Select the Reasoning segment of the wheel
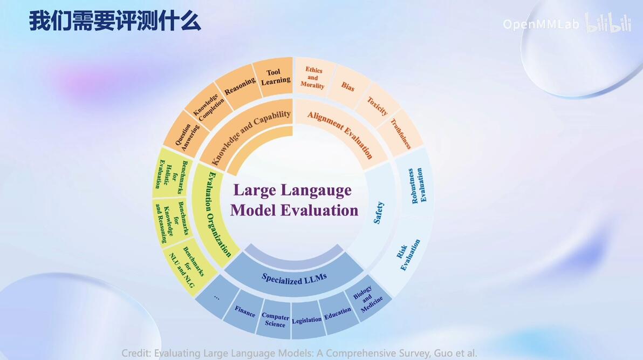click(239, 86)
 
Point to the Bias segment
click(348, 86)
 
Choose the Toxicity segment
click(377, 106)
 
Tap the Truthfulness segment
click(400, 133)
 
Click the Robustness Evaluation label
click(416, 186)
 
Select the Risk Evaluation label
click(408, 255)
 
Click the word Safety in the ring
click(379, 212)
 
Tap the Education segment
click(338, 314)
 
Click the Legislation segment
click(307, 320)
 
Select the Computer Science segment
click(275, 320)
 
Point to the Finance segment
click(244, 311)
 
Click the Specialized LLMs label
click(295, 279)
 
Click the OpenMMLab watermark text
click(541, 24)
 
